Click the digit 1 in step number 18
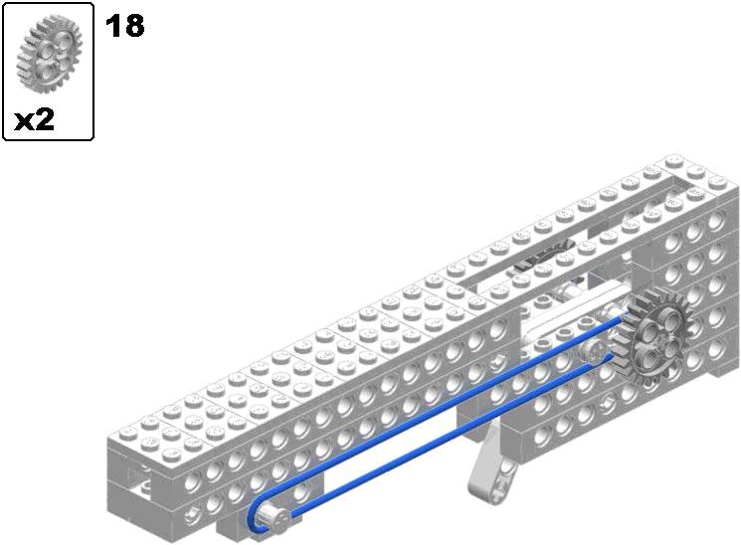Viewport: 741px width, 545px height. point(112,26)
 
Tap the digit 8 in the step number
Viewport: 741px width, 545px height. point(133,26)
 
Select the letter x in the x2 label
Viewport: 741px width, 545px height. point(24,122)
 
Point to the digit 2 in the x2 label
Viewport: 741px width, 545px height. point(45,119)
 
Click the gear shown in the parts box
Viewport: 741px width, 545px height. point(50,53)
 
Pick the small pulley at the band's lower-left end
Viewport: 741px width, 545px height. point(274,518)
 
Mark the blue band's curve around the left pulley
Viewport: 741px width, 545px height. point(254,517)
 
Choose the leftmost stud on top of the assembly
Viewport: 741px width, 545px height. point(127,432)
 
